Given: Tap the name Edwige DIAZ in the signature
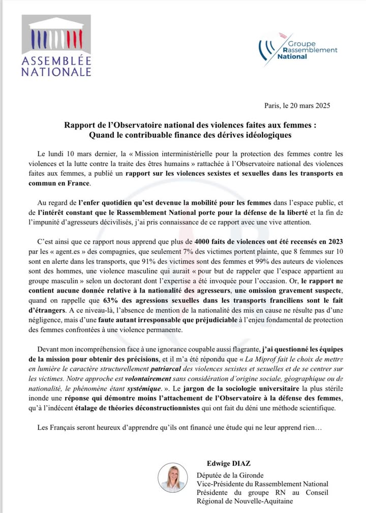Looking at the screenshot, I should pyautogui.click(x=227, y=464).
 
